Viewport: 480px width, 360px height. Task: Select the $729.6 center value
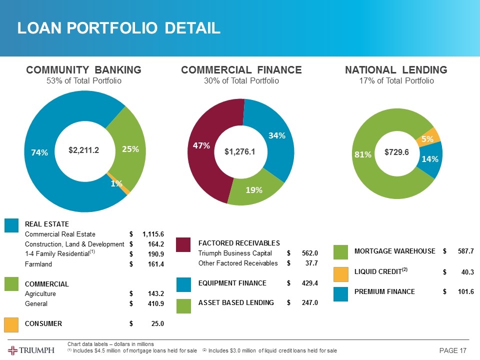[396, 151]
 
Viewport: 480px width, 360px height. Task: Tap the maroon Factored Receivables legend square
[184, 245]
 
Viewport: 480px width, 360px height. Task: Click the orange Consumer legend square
[12, 323]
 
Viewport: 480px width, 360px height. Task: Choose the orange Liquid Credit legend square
[340, 273]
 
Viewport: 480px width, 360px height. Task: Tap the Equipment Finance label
[232, 283]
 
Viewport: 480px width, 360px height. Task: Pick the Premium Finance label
[384, 291]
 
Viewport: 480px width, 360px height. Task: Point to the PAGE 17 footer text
[452, 350]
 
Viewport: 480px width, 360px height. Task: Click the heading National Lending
[396, 69]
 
